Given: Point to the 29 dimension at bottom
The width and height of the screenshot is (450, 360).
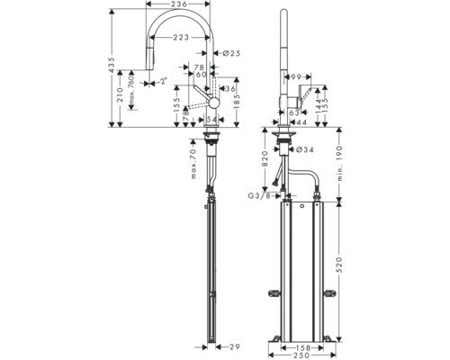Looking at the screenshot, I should click(236, 346).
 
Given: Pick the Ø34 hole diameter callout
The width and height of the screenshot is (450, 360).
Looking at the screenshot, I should click(303, 150).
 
